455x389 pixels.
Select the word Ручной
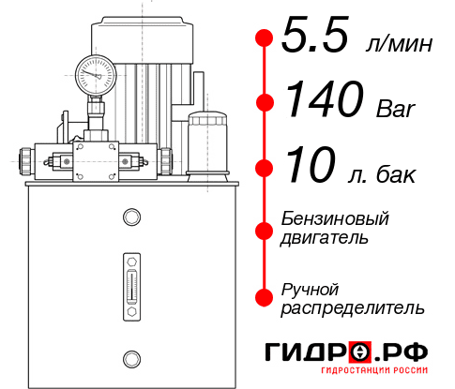[x=310, y=288]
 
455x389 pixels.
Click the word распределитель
[x=353, y=307]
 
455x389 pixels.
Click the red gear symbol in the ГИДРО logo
[x=360, y=352]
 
